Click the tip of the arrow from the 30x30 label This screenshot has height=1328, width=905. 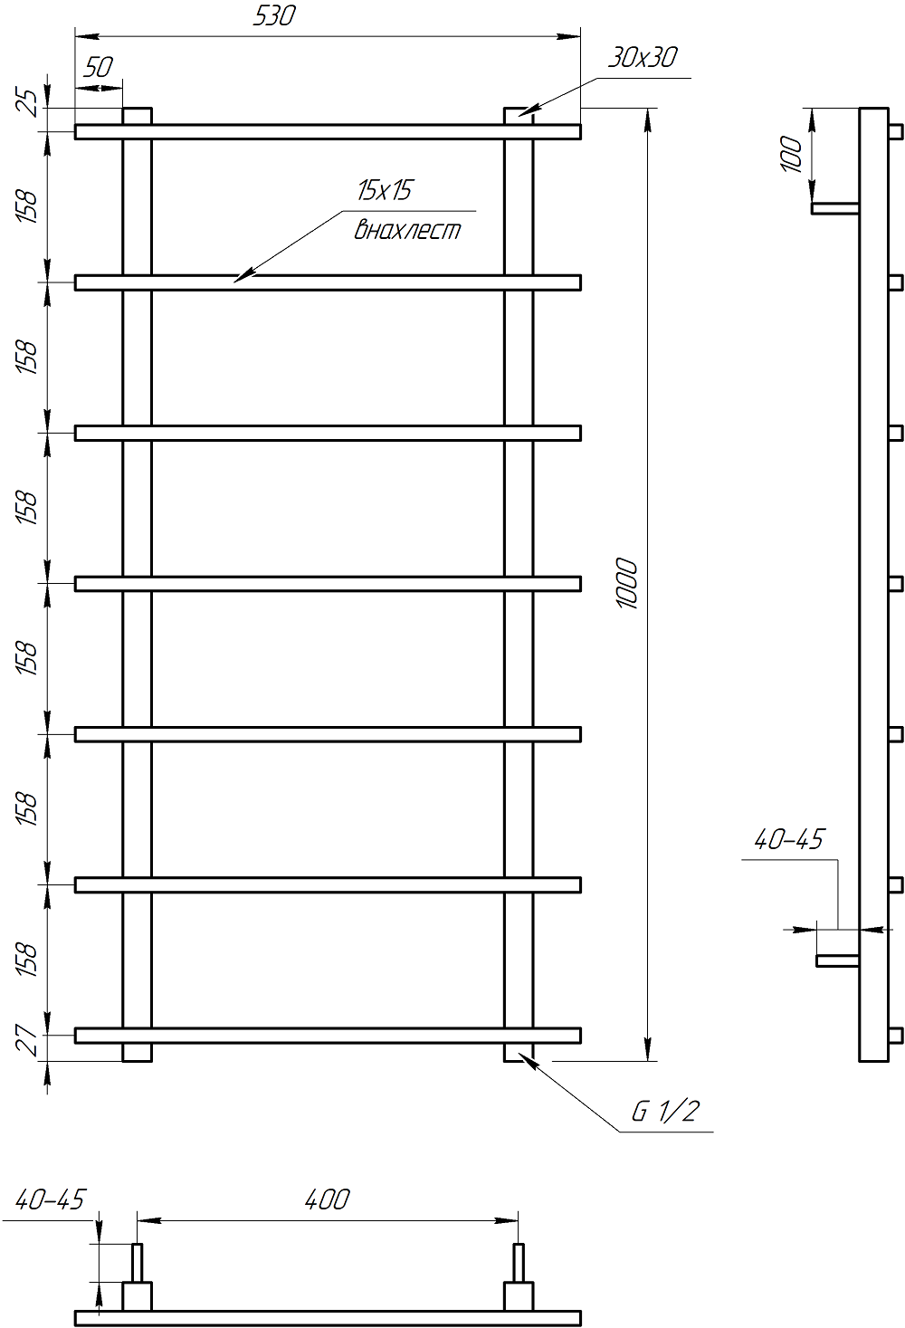tap(519, 115)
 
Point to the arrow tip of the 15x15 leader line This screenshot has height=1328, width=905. tap(233, 282)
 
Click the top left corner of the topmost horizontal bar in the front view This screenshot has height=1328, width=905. tap(75, 125)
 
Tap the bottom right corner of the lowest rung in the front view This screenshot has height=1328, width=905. tap(580, 1043)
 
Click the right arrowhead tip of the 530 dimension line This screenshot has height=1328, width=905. tap(580, 37)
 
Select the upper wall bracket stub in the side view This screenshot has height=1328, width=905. tap(835, 208)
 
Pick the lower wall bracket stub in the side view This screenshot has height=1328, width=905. tap(837, 960)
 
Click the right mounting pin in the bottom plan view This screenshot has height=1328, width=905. tap(518, 1262)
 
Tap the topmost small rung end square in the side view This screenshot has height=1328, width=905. tap(896, 131)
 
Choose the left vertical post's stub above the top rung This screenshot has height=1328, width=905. tap(137, 116)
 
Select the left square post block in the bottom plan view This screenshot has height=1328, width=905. tap(137, 1295)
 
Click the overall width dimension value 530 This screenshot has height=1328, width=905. tap(274, 15)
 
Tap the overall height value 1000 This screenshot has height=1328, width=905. tap(627, 583)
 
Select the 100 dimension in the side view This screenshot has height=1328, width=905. tap(791, 154)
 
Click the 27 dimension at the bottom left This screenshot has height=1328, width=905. tap(28, 1044)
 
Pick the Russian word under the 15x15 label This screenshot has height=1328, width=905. tap(407, 230)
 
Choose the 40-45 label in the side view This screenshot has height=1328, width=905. tap(789, 839)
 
